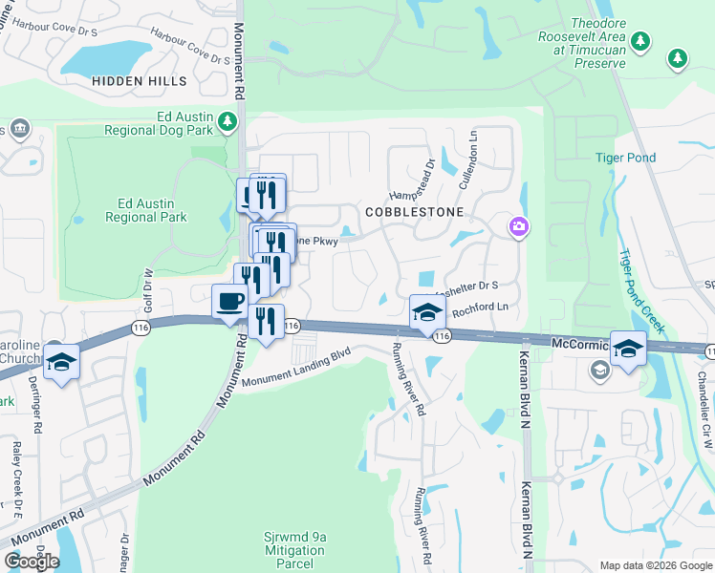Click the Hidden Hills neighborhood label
tap(140, 82)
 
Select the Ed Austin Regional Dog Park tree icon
tap(227, 121)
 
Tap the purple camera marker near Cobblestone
tap(518, 226)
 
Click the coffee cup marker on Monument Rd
tap(228, 302)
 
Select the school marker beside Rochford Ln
tap(427, 311)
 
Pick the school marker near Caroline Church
tap(62, 363)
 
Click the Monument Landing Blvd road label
tap(296, 368)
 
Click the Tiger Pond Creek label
tap(641, 290)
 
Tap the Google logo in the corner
tap(32, 562)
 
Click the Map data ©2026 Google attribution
tap(656, 565)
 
